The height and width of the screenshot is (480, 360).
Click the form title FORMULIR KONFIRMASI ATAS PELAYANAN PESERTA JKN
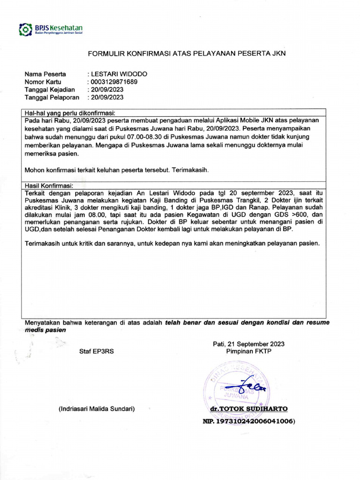tap(187, 54)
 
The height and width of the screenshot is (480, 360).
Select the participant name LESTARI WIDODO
tap(119, 74)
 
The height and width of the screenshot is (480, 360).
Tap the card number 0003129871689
tap(114, 82)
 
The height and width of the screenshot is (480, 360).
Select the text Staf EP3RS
tap(97, 351)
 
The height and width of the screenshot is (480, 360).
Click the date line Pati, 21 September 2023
tap(248, 344)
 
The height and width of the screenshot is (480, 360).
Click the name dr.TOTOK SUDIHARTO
tap(249, 409)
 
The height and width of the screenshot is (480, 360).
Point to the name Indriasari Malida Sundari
tap(97, 409)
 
